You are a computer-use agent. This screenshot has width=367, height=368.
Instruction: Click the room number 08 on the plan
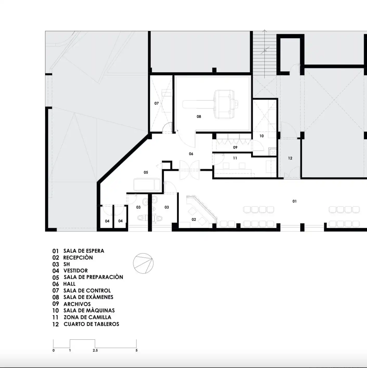coord(199,116)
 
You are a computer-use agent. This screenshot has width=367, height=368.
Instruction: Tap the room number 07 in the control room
coord(156,103)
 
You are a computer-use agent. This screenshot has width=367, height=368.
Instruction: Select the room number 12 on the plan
coord(290,158)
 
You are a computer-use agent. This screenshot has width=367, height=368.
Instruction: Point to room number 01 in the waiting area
coord(294,201)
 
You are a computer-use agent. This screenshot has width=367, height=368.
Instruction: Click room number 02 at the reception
coord(194,219)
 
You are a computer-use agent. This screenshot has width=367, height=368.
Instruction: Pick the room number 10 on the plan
coord(261,136)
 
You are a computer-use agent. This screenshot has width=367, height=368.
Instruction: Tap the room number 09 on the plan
coord(235,147)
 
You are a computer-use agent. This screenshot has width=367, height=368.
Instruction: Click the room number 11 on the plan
coord(235,158)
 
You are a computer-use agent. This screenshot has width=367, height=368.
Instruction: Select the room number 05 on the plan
coord(146,173)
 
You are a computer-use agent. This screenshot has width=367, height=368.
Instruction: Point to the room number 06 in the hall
coord(191,154)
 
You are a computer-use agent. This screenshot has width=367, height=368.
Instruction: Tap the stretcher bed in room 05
coord(147,185)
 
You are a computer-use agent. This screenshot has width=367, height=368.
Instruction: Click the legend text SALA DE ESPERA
coord(84,251)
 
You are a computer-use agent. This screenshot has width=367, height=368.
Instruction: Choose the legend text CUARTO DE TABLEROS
coord(91,324)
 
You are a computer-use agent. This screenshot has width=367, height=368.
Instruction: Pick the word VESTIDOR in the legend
coord(76,271)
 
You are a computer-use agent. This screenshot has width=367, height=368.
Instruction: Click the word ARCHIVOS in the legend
coord(77,304)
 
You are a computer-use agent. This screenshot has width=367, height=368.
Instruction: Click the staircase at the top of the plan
coord(264,54)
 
